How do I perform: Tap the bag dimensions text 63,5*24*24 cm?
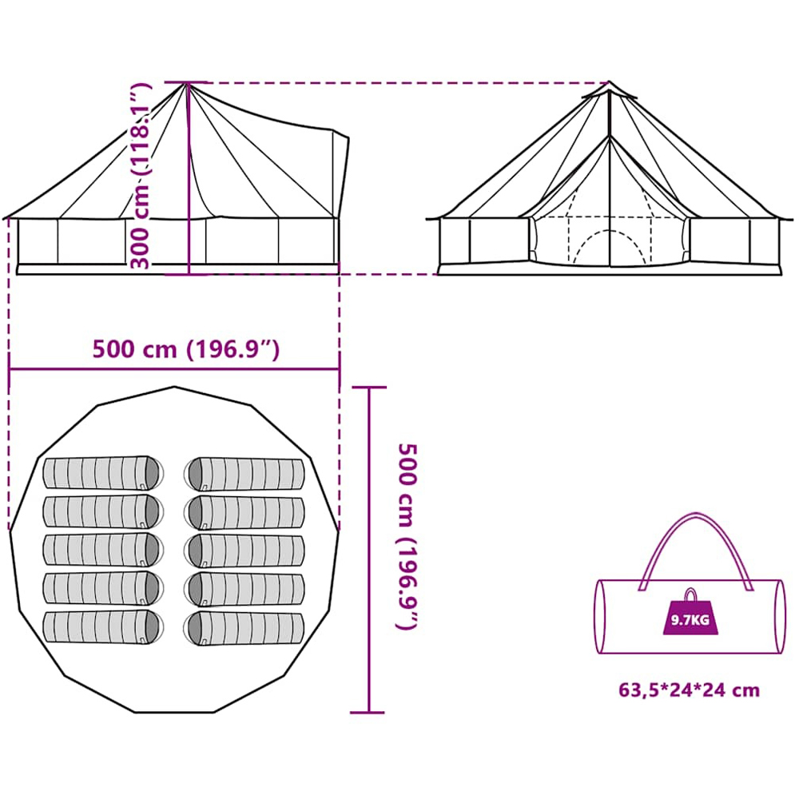point(689,690)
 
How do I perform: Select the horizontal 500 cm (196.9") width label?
point(186,350)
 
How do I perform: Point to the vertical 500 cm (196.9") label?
point(407,536)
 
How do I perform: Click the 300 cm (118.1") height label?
point(141,176)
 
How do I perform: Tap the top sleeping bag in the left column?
point(103,473)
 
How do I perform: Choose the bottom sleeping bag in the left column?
point(103,627)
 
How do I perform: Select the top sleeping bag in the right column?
point(244,475)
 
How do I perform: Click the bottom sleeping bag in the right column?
point(244,628)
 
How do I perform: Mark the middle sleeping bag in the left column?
point(103,551)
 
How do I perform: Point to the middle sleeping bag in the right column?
point(244,551)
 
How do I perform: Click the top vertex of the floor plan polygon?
point(174,387)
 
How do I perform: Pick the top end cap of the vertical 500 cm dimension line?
point(369,388)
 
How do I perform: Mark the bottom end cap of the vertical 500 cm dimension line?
point(368,713)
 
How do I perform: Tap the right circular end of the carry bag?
point(780,617)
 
